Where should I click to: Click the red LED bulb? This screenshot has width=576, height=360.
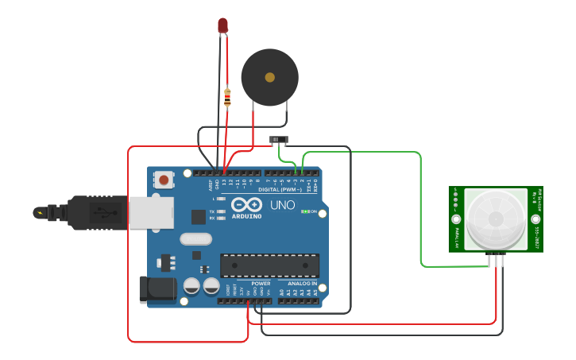[x=223, y=25]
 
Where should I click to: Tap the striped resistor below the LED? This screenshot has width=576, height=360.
[x=227, y=98]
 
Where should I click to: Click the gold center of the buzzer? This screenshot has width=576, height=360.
[x=270, y=77]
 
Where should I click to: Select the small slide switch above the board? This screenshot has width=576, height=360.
[x=279, y=140]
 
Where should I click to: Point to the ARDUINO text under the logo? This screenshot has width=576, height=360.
[x=247, y=215]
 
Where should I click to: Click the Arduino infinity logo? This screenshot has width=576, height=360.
[x=247, y=204]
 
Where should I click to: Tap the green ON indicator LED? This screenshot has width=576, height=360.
[x=305, y=211]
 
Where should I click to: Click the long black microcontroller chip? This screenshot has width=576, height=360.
[x=269, y=265]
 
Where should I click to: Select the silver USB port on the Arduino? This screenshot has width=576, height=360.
[x=152, y=212]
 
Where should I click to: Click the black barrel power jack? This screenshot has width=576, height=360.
[x=157, y=289]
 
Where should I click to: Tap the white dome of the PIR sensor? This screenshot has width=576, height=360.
[x=496, y=218]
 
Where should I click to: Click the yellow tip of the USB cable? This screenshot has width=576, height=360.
[x=39, y=212]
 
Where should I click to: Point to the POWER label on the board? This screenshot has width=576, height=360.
[x=261, y=283]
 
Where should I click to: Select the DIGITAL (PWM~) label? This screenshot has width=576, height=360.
[x=280, y=189]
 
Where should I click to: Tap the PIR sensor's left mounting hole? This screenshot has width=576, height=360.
[x=456, y=219]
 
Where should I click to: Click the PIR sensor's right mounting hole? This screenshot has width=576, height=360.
[x=536, y=219]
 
